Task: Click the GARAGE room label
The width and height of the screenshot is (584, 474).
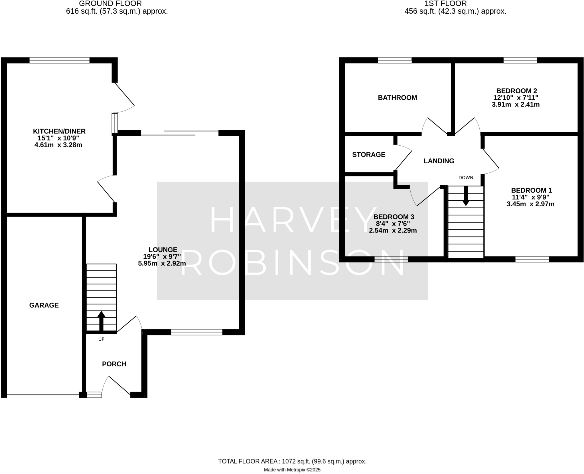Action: point(44,305)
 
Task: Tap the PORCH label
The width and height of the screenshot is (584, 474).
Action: point(114,364)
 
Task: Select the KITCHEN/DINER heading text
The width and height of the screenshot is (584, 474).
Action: point(59,131)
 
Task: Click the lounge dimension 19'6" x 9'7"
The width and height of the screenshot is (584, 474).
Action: point(162,257)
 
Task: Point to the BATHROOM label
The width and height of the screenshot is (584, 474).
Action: point(397,98)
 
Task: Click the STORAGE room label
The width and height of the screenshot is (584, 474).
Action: point(368,154)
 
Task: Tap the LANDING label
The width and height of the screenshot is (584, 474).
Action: point(439,161)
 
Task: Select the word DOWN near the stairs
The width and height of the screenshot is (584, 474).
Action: point(466,178)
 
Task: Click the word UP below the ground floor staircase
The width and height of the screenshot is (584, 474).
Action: point(101,339)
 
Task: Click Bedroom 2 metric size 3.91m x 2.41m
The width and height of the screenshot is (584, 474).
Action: point(516,105)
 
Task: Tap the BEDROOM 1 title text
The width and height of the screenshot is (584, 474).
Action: point(531,190)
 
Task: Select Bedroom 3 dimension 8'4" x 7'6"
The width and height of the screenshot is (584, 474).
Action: point(393,224)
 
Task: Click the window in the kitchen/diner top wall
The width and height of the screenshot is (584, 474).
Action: point(59,60)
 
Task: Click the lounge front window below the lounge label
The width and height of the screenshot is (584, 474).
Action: point(196,332)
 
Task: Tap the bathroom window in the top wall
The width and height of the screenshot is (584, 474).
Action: point(395,60)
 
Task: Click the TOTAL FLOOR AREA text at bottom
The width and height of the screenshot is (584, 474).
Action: point(292,461)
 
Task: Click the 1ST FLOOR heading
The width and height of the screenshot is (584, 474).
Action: point(455,4)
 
